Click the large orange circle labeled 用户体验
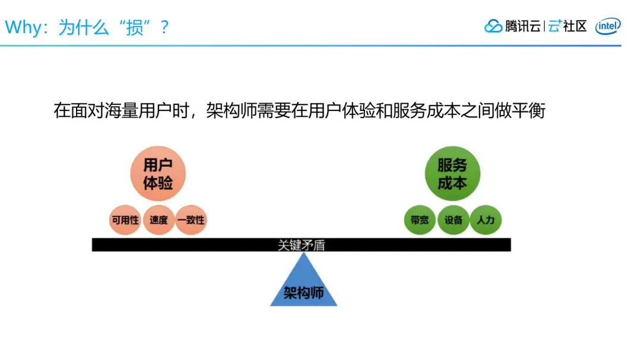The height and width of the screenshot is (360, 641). point(158,173)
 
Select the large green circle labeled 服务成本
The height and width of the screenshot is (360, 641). point(452,173)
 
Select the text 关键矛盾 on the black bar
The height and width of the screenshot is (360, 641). point(302,245)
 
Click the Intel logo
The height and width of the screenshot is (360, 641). point(608,26)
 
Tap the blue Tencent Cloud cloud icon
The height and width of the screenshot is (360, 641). point(493,26)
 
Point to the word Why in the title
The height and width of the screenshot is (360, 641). point(22,27)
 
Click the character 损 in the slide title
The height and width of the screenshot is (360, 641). point(135,27)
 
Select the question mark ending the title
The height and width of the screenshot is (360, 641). point(165,27)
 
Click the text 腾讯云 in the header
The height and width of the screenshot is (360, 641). point(522,26)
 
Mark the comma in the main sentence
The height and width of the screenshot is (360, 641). point(196,114)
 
